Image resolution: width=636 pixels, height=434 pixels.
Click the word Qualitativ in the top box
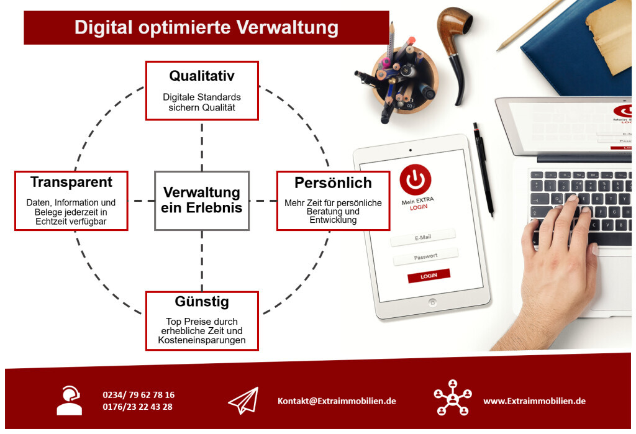click(x=202, y=76)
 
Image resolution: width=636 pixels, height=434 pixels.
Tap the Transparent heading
click(x=71, y=182)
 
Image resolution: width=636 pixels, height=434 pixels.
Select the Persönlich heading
click(x=333, y=183)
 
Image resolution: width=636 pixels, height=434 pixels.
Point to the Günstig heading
click(x=202, y=301)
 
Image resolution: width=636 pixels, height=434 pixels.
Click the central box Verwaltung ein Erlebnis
click(x=202, y=201)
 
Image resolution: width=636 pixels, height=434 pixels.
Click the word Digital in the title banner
click(x=104, y=27)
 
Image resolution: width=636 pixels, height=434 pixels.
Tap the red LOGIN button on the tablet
click(x=429, y=276)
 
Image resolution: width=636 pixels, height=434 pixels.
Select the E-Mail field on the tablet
click(x=422, y=238)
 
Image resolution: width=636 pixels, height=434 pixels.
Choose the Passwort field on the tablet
click(x=425, y=257)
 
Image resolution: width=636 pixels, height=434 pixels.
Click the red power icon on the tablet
click(x=416, y=179)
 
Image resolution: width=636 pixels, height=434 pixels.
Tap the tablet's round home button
click(x=433, y=302)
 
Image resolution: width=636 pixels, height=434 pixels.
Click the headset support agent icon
click(x=70, y=400)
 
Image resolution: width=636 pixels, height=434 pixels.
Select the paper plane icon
click(x=243, y=400)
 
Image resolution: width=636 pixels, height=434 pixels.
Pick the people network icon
click(x=453, y=398)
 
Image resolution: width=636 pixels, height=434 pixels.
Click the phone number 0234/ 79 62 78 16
click(x=139, y=395)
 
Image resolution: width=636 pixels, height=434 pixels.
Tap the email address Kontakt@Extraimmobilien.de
click(x=337, y=401)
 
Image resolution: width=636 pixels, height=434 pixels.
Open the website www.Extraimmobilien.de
click(x=535, y=401)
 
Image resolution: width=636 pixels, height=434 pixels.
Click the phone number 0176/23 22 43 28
click(x=137, y=407)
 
